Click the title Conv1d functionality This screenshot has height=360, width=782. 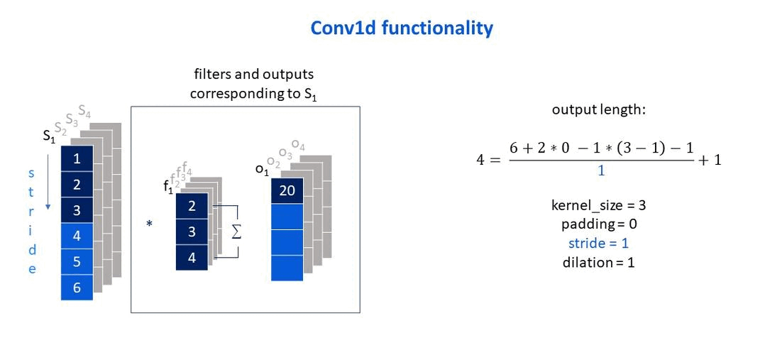point(402,28)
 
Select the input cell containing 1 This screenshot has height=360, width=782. point(77,159)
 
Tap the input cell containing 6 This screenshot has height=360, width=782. point(77,288)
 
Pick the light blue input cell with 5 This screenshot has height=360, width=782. point(77,261)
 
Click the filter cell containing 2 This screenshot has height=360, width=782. point(192,206)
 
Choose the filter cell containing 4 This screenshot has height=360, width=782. point(192,258)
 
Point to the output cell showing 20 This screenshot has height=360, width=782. point(287,191)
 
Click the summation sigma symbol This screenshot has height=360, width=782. point(236,231)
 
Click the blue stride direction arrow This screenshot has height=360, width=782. point(48,182)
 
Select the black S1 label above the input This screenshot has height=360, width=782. point(49,137)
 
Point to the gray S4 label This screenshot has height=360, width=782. point(84,111)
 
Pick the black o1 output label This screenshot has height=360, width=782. point(262,170)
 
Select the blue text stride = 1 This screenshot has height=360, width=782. point(598,243)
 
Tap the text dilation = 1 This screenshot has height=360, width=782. point(598,262)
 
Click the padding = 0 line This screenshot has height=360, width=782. point(599,224)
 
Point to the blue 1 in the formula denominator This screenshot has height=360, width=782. point(601,170)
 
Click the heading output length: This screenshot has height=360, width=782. point(598,110)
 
